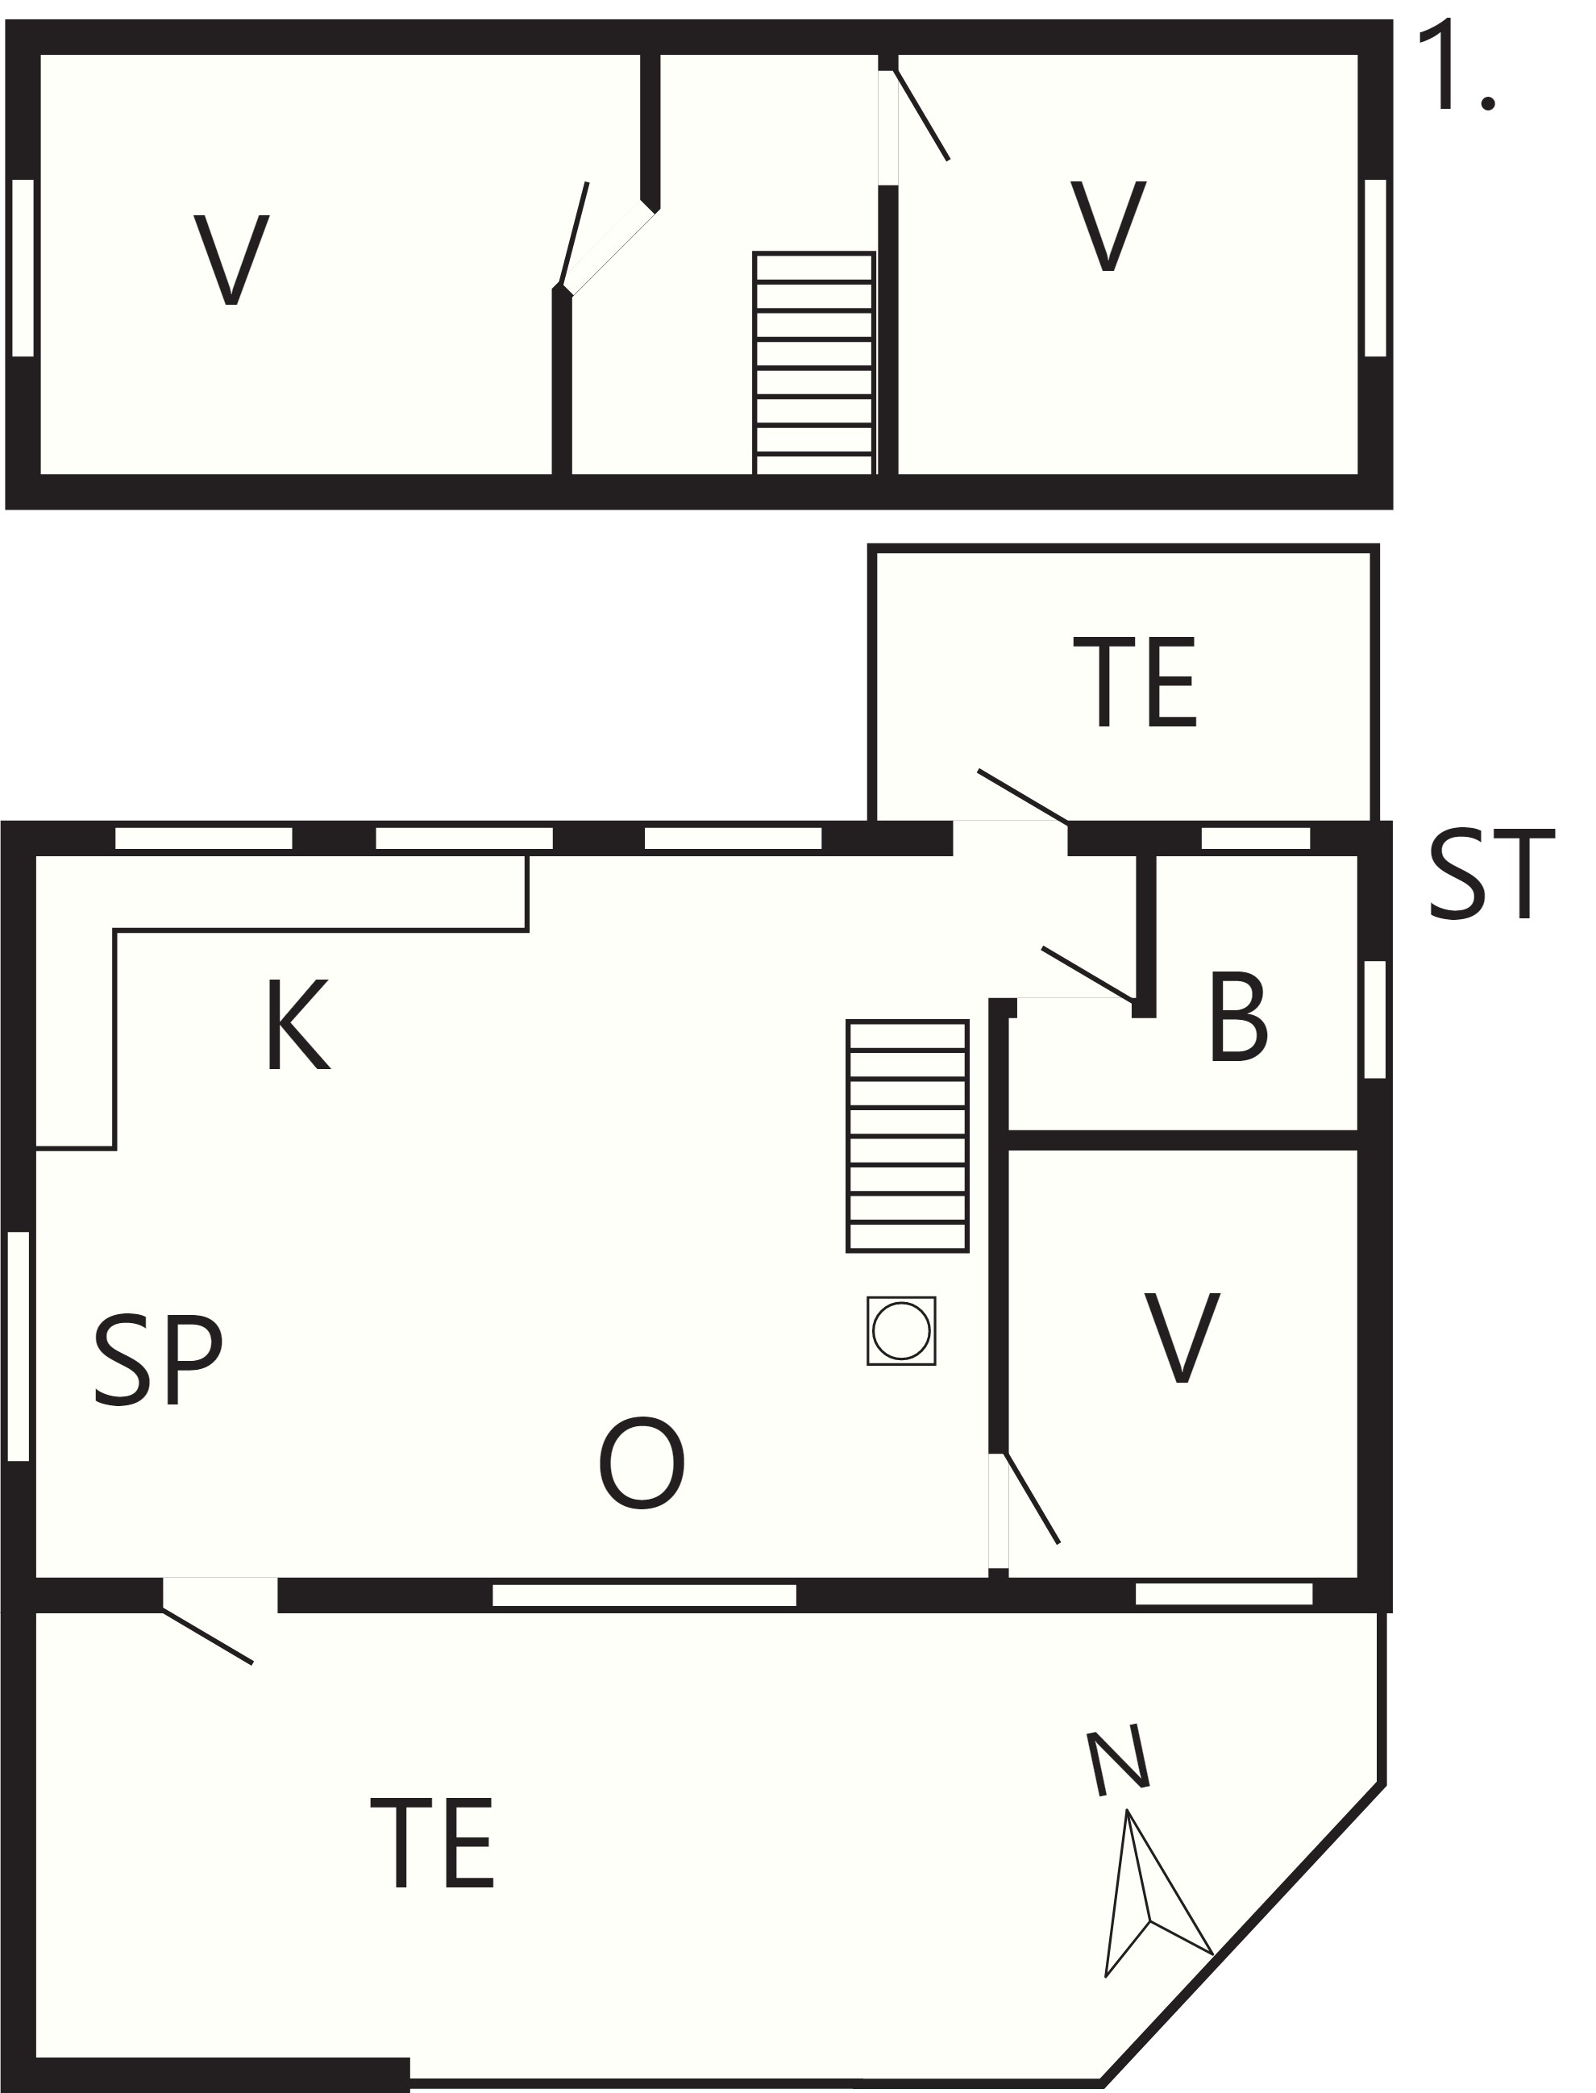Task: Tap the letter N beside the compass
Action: pos(1118,1763)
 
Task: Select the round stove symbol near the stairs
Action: pos(900,1331)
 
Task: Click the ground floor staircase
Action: pos(908,1136)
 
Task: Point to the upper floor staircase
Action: pos(813,363)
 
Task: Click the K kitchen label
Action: pos(298,1024)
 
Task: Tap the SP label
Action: pos(158,1359)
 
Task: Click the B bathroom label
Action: pos(1238,1016)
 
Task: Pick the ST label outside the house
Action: pos(1491,874)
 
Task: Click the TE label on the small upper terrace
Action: pos(1134,683)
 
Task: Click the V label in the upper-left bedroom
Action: pos(231,260)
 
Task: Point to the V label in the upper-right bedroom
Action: pos(1108,226)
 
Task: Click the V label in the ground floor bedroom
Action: pos(1182,1337)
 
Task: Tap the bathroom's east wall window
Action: pos(1374,1019)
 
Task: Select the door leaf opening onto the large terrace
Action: pos(207,1635)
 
